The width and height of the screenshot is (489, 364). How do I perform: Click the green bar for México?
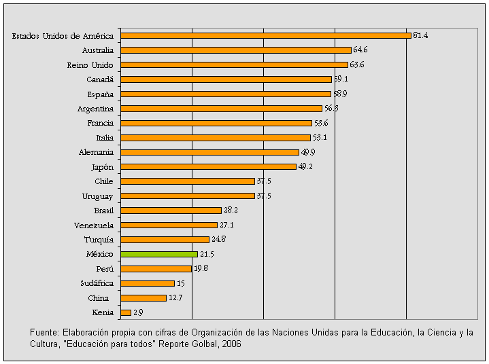(159, 254)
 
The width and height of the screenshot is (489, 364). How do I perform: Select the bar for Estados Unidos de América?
(266, 35)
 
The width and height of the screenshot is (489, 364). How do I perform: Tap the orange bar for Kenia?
(126, 312)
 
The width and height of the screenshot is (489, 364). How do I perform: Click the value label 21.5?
(207, 254)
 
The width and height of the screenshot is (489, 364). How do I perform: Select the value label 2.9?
(138, 312)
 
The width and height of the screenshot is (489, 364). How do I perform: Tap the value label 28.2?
(231, 211)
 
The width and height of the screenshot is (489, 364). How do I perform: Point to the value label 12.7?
(175, 297)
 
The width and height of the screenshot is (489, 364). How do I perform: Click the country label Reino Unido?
(90, 65)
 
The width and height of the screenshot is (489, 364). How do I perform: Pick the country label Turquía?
(99, 240)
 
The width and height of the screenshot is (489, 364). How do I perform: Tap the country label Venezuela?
(94, 225)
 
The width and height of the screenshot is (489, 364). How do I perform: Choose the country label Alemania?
(96, 152)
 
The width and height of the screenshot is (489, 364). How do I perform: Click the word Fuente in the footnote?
(44, 333)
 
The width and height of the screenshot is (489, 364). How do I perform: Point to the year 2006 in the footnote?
(231, 344)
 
